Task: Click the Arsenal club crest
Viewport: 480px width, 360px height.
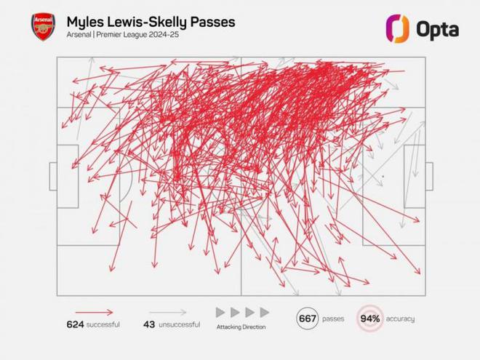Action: (42, 27)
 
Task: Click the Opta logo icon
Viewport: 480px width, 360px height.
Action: (398, 28)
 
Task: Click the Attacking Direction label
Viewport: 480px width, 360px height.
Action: (241, 328)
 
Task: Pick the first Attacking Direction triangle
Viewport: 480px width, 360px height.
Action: (220, 311)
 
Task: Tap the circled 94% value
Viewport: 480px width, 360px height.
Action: (370, 318)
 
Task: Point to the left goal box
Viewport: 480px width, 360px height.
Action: (52, 176)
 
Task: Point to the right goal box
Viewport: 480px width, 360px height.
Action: (429, 176)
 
